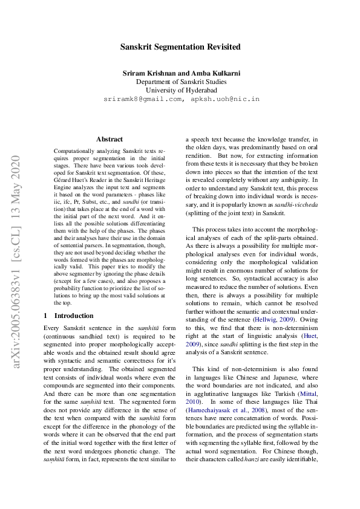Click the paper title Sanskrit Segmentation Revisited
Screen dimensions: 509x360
click(180, 47)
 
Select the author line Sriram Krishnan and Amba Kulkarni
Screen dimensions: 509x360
click(182, 73)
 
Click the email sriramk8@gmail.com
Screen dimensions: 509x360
click(143, 99)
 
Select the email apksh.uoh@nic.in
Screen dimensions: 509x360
click(225, 99)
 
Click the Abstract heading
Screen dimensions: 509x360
click(109, 139)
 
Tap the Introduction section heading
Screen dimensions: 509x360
click(74, 316)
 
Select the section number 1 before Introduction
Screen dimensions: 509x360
click(46, 316)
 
